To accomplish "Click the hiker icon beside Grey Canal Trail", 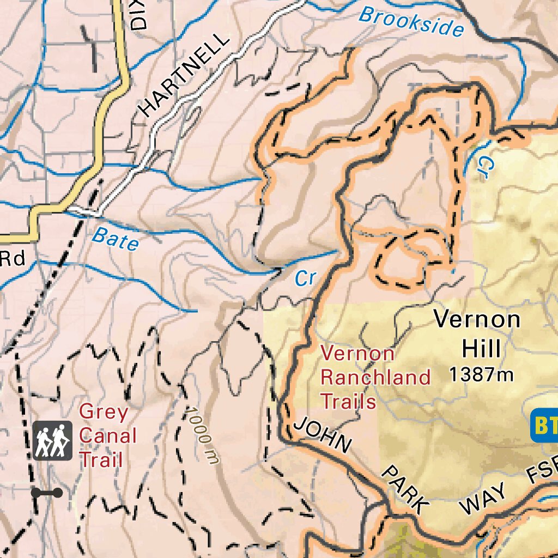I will coord(52,440).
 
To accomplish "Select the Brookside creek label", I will coord(411,22).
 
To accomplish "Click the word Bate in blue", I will coord(115,239).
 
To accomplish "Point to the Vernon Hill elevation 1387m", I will coord(481,374).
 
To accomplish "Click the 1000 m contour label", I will coord(203,436).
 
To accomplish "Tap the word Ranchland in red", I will coord(375,377).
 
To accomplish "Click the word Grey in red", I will coord(104,412).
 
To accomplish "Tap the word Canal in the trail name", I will coord(108,436).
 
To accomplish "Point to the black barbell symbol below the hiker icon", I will coord(47,493).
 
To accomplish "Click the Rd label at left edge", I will coord(12,258).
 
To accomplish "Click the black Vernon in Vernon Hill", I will coord(477,319).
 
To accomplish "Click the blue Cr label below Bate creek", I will coord(305,278).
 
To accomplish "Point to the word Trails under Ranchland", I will coord(348,402).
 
